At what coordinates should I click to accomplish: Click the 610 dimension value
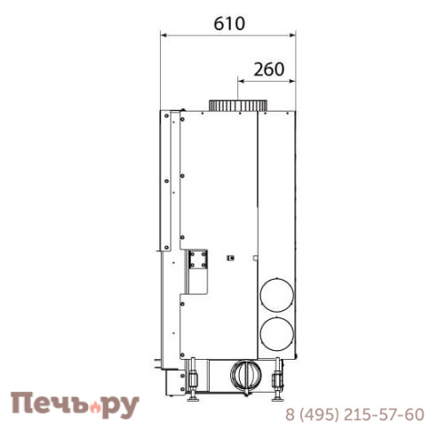(227, 24)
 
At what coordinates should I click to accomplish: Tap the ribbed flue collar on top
(237, 106)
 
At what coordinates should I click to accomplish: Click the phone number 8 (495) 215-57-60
(354, 414)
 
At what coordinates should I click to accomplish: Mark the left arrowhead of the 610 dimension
(163, 36)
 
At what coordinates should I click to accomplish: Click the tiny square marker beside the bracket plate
(230, 259)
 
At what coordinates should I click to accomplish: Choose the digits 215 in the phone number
(363, 414)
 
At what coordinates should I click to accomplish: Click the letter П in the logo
(23, 405)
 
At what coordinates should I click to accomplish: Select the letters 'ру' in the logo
(123, 408)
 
